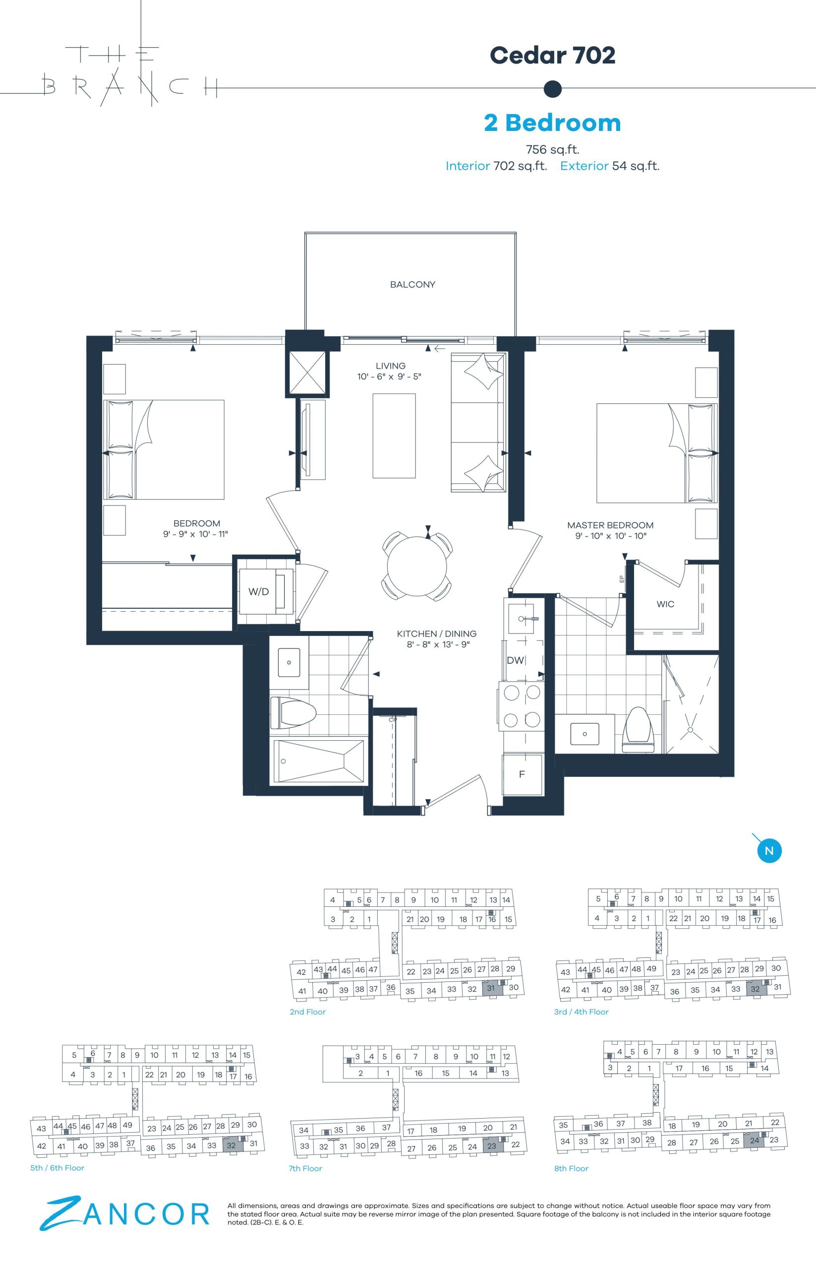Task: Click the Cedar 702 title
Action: [552, 55]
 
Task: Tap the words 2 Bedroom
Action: [552, 123]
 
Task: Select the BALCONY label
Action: [413, 285]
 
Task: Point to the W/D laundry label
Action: [259, 592]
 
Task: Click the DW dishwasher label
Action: [516, 660]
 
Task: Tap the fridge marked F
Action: [522, 775]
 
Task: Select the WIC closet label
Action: [665, 604]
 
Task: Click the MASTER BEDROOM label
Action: [610, 525]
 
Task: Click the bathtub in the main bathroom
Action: [318, 761]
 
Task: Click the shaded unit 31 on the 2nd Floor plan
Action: [491, 988]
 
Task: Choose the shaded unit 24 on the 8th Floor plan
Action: [755, 1141]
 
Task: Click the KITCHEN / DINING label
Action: [437, 634]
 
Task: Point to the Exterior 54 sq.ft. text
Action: [609, 166]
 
